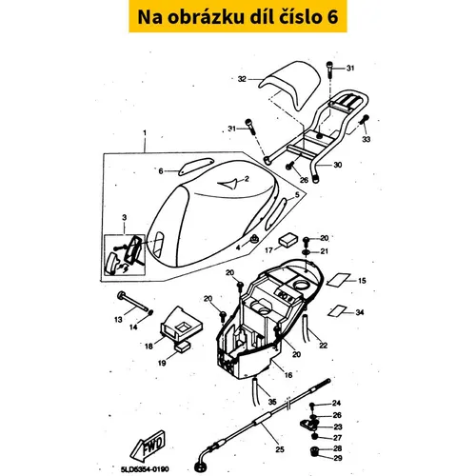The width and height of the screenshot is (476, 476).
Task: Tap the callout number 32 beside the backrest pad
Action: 242,79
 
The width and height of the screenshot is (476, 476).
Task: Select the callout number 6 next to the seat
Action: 161,171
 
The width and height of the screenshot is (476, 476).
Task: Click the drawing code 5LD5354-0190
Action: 145,469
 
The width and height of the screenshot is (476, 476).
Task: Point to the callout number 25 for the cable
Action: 280,449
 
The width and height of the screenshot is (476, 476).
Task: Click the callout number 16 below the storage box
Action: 288,375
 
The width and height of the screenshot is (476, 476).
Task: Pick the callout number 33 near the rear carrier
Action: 367,139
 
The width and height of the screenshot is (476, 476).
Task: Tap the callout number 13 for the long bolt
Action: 118,320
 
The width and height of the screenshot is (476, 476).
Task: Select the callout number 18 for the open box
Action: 149,347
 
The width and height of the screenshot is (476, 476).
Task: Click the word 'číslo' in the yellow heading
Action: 300,17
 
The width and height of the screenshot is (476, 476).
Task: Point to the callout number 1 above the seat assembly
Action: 145,132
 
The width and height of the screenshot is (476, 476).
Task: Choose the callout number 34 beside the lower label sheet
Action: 360,312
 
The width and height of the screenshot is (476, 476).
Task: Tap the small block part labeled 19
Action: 183,347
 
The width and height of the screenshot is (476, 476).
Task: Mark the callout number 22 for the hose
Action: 323,345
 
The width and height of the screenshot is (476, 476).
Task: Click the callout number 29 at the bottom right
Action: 338,458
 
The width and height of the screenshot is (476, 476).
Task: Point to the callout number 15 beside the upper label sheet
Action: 362,281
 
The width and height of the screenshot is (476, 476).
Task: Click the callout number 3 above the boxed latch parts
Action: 125,217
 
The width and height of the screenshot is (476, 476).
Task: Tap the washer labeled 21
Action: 307,252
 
